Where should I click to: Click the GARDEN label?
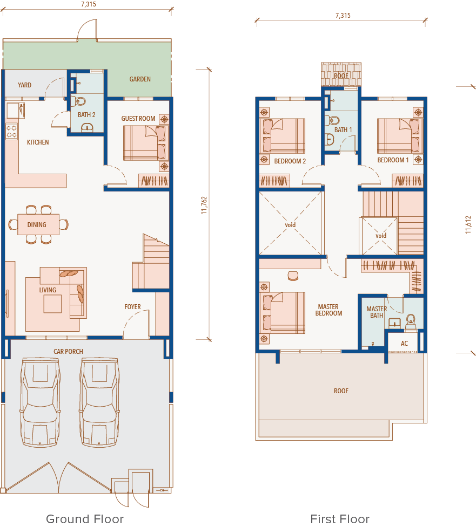pyautogui.click(x=140, y=79)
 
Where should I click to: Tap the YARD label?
pyautogui.click(x=24, y=85)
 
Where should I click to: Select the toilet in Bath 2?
pyautogui.click(x=80, y=101)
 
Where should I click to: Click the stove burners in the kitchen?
pyautogui.click(x=11, y=131)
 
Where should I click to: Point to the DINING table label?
pyautogui.click(x=37, y=224)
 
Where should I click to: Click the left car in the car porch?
pyautogui.click(x=41, y=402)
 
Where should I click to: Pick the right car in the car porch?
pyautogui.click(x=99, y=402)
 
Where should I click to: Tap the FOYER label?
pyautogui.click(x=132, y=306)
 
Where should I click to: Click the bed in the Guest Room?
pyautogui.click(x=144, y=143)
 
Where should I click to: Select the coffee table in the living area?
pyautogui.click(x=52, y=304)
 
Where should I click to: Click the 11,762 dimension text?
pyautogui.click(x=204, y=206)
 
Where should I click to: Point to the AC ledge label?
pyautogui.click(x=404, y=343)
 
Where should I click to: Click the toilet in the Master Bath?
pyautogui.click(x=411, y=321)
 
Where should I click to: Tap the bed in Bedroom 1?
pyautogui.click(x=400, y=136)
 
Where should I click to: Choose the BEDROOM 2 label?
pyautogui.click(x=290, y=161)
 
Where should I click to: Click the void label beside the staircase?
pyautogui.click(x=381, y=236)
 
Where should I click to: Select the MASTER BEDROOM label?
pyautogui.click(x=328, y=310)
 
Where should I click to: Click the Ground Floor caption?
pyautogui.click(x=85, y=518)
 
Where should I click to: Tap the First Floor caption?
pyautogui.click(x=340, y=518)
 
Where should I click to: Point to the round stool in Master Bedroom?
pyautogui.click(x=293, y=276)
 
